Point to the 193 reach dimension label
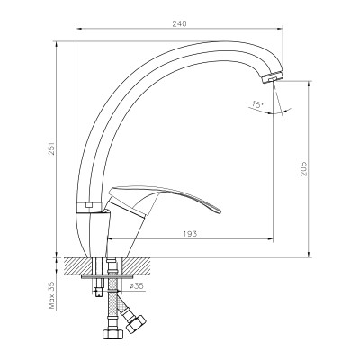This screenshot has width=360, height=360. coord(190,233)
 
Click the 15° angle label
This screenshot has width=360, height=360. coord(259,107)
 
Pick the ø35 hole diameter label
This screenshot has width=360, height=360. coord(137,285)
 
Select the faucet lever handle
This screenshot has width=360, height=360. coord(171,199)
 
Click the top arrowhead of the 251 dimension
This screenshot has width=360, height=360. coord(59,42)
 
